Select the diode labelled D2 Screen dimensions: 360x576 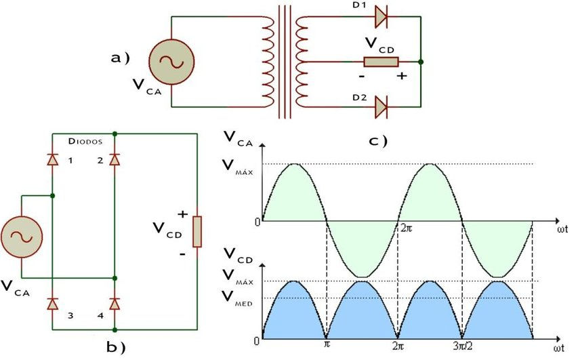point(380,106)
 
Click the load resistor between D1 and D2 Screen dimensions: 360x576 point(380,62)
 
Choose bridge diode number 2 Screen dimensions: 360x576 point(115,159)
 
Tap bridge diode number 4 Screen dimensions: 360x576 point(115,303)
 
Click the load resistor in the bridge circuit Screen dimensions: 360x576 point(197,232)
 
